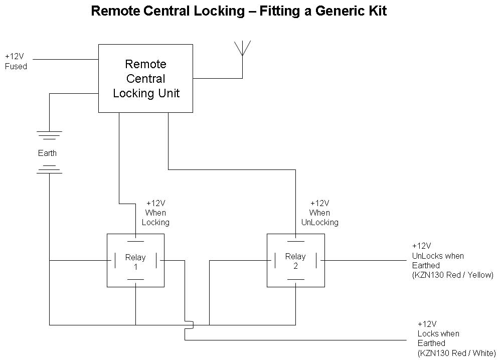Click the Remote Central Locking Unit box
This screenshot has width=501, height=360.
[x=145, y=78]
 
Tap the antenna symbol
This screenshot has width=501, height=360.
[x=242, y=48]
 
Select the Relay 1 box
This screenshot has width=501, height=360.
[x=135, y=261]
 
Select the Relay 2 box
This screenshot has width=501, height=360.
[x=295, y=261]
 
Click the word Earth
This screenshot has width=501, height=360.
[x=48, y=153]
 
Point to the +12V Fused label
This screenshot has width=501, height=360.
[x=16, y=62]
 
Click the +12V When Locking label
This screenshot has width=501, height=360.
[x=155, y=213]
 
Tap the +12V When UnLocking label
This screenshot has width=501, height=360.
[x=319, y=213]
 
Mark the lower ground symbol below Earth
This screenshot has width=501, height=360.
[x=49, y=169]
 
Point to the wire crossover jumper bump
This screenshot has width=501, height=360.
[x=189, y=325]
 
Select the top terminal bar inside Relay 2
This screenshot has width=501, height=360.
[x=295, y=241]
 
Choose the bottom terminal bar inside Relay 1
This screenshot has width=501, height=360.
[x=135, y=279]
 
